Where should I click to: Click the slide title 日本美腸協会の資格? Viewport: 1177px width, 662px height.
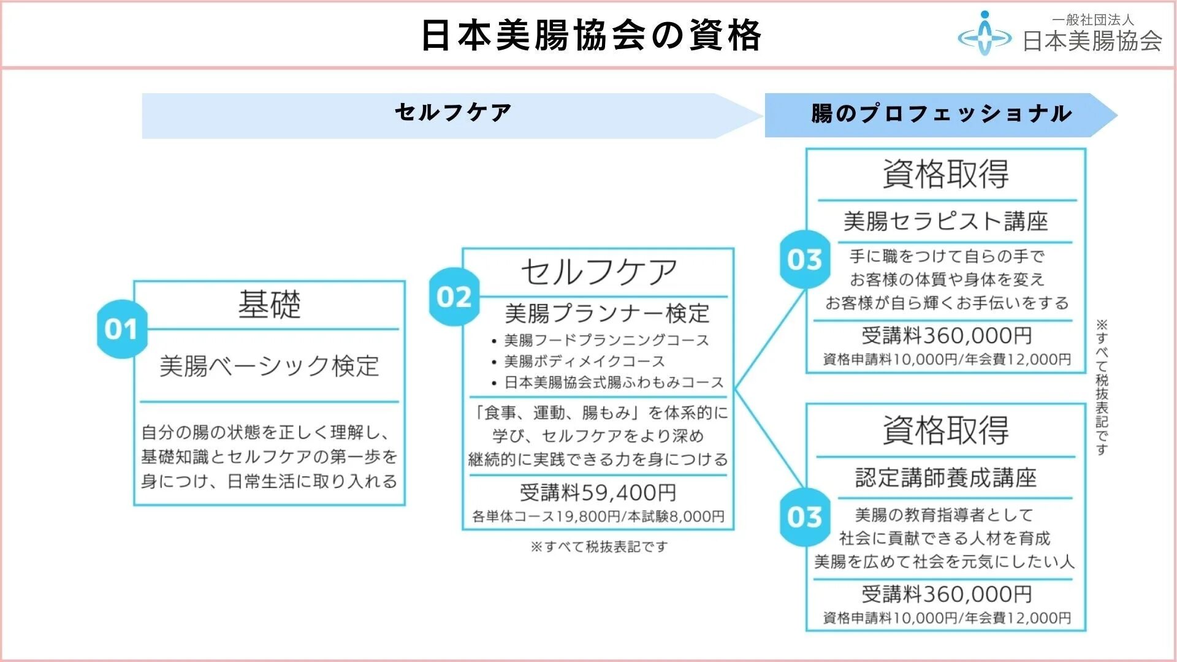pos(591,36)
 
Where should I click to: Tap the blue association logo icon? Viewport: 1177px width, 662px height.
pos(985,36)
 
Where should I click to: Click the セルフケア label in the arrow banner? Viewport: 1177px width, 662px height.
pos(453,113)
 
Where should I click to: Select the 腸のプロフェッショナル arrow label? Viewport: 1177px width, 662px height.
pos(941,114)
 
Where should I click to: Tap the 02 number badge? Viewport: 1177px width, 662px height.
pos(454,297)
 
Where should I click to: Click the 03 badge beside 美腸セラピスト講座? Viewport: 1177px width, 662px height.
pos(805,260)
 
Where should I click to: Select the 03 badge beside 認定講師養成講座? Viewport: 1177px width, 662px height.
pos(805,517)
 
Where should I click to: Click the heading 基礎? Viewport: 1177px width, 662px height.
pos(270,304)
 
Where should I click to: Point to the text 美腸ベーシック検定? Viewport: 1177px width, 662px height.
pos(270,366)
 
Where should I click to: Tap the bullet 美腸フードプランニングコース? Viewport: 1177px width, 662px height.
pos(606,340)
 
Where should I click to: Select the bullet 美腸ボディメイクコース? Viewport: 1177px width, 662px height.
pos(584,361)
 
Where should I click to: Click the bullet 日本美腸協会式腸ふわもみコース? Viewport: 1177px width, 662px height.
pos(614,382)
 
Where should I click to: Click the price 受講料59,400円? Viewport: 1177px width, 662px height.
pos(598,492)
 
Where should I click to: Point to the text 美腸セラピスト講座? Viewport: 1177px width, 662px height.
pos(945,221)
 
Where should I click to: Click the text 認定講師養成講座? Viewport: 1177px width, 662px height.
pos(945,477)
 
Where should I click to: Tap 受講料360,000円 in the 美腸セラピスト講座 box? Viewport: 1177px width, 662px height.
pos(947,335)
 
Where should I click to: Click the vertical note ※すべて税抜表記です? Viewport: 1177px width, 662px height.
pos(1102,387)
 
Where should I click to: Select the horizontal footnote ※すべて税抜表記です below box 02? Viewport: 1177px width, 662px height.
pos(599,546)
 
